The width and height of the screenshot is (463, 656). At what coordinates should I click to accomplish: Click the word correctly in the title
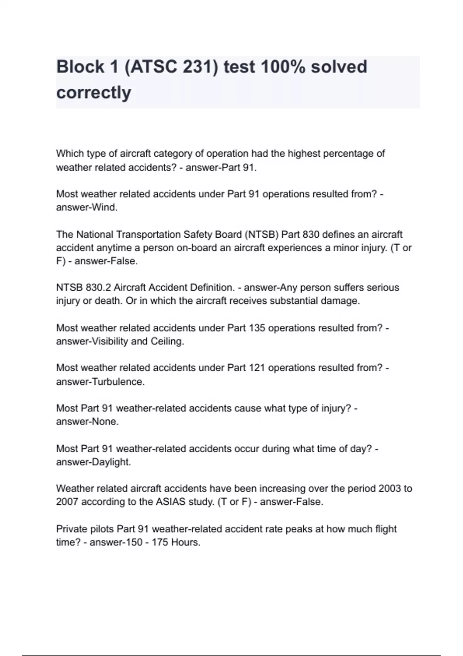click(x=94, y=93)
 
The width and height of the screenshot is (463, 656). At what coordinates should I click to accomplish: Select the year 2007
click(x=67, y=502)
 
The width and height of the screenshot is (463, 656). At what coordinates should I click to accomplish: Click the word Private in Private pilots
click(x=71, y=529)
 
